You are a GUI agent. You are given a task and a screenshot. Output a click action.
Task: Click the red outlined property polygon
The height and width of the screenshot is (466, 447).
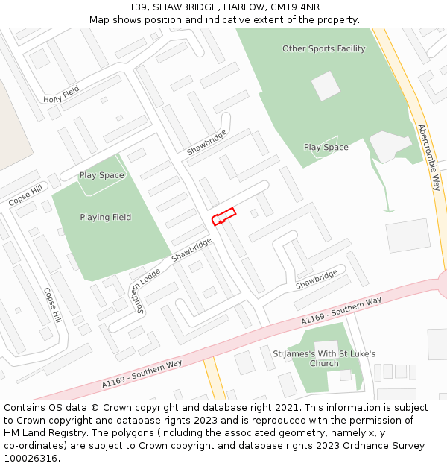click(x=223, y=216)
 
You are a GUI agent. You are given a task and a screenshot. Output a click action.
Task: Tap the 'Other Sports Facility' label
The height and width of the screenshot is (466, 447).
click(x=323, y=49)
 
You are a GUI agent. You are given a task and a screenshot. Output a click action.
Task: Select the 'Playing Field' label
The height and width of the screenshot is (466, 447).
click(x=105, y=218)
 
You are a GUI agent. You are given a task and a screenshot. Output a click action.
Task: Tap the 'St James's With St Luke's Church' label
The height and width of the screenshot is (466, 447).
click(x=324, y=359)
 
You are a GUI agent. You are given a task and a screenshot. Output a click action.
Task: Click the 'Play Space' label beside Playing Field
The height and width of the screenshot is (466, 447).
click(x=101, y=176)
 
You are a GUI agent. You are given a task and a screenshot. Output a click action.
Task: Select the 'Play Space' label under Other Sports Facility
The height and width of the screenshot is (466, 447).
click(x=326, y=148)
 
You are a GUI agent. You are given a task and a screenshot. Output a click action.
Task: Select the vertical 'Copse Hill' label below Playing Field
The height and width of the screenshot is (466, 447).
click(x=52, y=306)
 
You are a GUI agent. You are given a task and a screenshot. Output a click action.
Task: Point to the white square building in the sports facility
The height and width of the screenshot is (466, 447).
click(x=326, y=86)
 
